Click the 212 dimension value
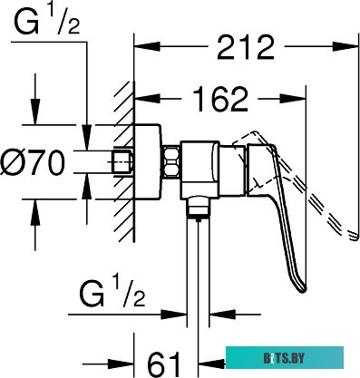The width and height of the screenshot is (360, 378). (x=245, y=47)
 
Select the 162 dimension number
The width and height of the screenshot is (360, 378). (x=220, y=99)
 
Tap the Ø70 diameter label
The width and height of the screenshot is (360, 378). (x=33, y=162)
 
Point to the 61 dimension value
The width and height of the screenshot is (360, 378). (x=163, y=363)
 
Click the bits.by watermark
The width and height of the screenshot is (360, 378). (x=285, y=358)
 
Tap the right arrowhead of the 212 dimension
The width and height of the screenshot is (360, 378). (x=345, y=46)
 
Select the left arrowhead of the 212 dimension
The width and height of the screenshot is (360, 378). (x=147, y=46)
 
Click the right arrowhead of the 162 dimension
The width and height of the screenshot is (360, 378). (x=293, y=99)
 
